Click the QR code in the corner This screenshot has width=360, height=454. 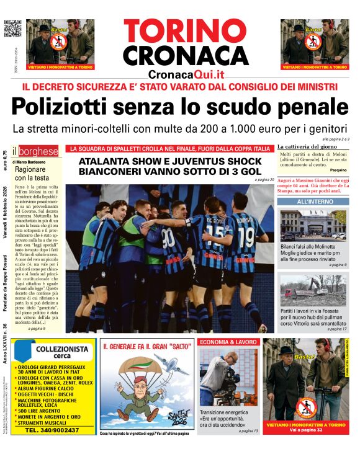pos(12,29)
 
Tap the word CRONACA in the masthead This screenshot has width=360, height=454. pos(185,56)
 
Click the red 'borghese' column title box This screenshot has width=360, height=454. pos(38,151)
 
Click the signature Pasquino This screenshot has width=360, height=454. pos(338,170)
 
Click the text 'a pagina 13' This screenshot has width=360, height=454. pos(248,430)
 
